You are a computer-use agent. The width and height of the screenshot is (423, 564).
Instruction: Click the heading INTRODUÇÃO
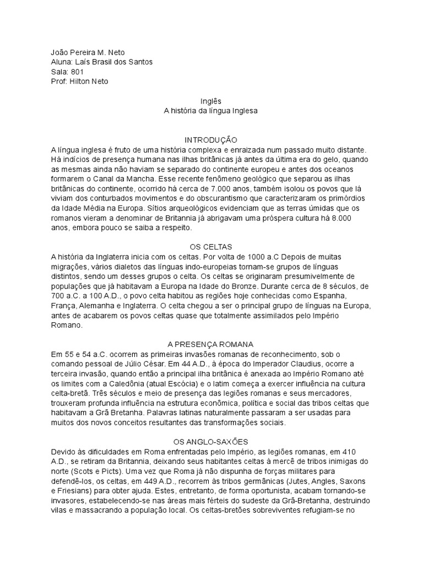click(x=211, y=140)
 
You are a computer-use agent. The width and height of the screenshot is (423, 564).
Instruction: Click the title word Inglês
click(x=211, y=101)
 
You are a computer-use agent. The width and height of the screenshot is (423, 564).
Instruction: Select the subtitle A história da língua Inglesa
click(x=211, y=111)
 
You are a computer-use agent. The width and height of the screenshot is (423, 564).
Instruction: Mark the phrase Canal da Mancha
click(x=125, y=179)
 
